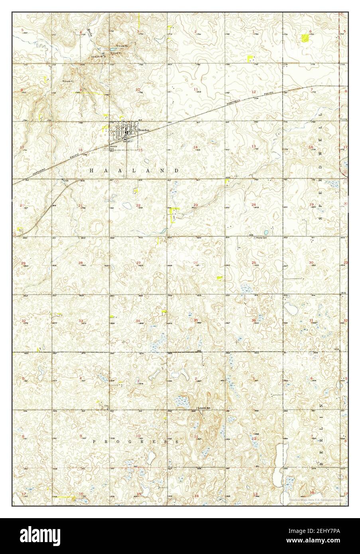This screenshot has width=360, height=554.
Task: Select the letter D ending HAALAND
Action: (x=177, y=170)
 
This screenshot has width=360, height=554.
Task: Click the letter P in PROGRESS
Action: (x=94, y=442)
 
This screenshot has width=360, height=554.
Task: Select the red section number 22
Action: (x=138, y=205)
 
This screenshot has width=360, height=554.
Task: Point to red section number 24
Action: (x=254, y=204)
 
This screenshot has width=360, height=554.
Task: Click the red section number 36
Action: (x=254, y=320)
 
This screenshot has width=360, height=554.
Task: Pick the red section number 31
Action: (x=311, y=320)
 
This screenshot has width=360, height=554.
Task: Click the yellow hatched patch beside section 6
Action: (x=305, y=38)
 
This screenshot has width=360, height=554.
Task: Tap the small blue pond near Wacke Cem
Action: (x=266, y=232)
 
